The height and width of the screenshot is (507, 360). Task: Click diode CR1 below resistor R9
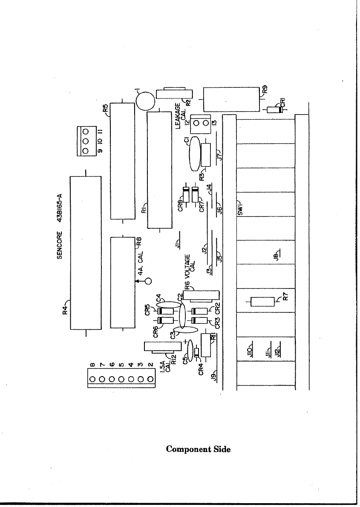pyautogui.click(x=275, y=109)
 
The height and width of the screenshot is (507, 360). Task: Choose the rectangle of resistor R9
pyautogui.click(x=231, y=99)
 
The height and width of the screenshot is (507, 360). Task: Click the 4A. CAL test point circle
pyautogui.click(x=148, y=281)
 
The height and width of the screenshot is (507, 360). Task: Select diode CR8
pyautogui.click(x=186, y=194)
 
